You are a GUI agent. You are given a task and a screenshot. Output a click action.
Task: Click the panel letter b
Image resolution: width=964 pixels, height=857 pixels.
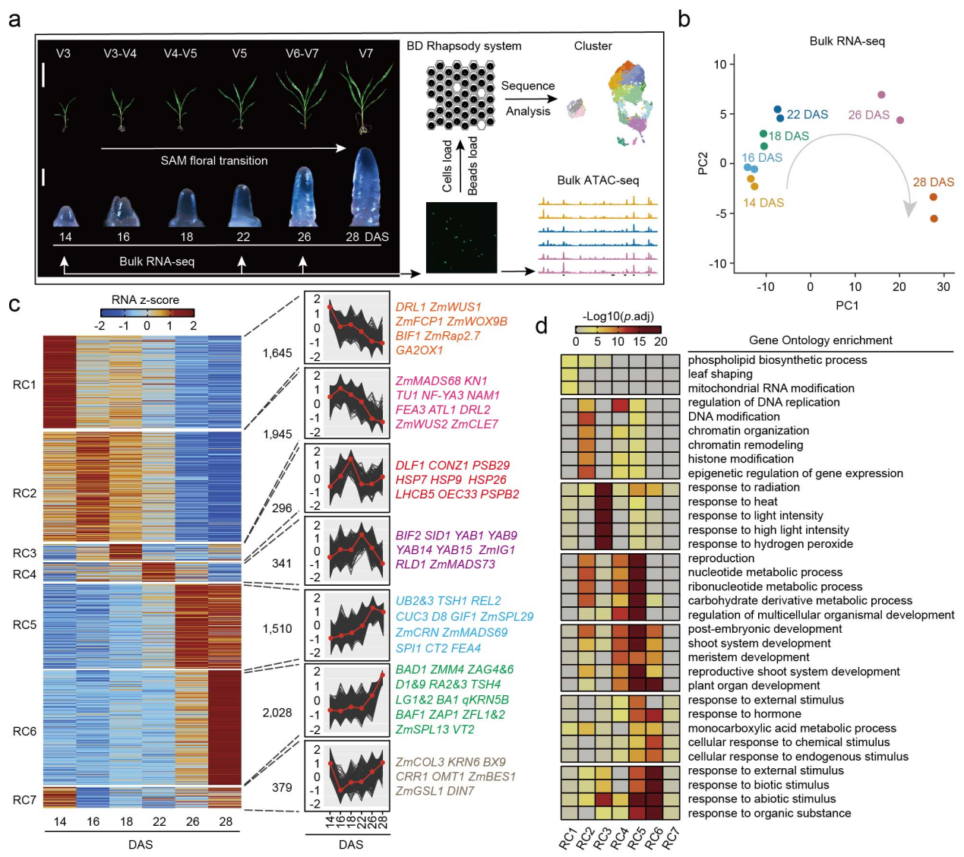click(x=684, y=19)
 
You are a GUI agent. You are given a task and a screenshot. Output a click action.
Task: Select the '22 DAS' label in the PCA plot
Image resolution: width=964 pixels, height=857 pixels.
click(x=807, y=115)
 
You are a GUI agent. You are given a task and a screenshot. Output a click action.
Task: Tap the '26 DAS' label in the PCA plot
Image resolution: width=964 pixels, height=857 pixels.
click(x=868, y=115)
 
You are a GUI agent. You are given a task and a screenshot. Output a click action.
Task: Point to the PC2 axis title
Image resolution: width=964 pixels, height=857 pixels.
click(x=703, y=163)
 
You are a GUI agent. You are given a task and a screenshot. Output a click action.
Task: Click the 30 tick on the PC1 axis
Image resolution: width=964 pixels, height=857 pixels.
click(x=943, y=287)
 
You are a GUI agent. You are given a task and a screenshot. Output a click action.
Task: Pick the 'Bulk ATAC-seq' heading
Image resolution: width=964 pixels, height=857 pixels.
click(x=598, y=181)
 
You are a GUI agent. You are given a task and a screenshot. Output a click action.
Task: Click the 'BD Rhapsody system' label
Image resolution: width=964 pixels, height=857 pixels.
click(x=463, y=46)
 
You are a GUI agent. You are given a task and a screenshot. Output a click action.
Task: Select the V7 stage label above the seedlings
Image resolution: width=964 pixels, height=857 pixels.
click(x=366, y=54)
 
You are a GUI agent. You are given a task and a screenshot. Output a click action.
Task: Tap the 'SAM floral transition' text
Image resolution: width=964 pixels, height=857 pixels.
click(x=214, y=161)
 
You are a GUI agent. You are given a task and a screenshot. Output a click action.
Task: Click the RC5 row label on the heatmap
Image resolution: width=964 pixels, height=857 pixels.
click(x=24, y=625)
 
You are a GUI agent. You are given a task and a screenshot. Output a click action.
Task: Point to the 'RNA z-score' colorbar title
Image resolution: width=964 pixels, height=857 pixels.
click(x=145, y=300)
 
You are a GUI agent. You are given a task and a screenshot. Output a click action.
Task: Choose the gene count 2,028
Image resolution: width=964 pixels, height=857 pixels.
click(x=277, y=713)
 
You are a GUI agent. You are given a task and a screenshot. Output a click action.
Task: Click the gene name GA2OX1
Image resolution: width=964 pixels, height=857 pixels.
click(x=419, y=350)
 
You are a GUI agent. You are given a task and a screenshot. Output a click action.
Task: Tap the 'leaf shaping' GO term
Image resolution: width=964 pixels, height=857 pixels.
click(x=720, y=374)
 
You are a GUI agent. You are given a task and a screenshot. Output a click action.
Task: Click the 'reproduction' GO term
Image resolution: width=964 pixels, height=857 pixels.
click(x=721, y=558)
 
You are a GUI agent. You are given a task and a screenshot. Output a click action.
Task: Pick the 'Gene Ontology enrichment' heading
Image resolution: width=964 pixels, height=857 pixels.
click(x=820, y=340)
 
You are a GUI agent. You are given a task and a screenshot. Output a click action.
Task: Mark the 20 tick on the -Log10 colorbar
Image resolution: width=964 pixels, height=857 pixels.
click(x=661, y=342)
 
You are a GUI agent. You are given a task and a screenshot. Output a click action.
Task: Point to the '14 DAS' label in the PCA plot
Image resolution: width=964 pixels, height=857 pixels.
click(x=763, y=203)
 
